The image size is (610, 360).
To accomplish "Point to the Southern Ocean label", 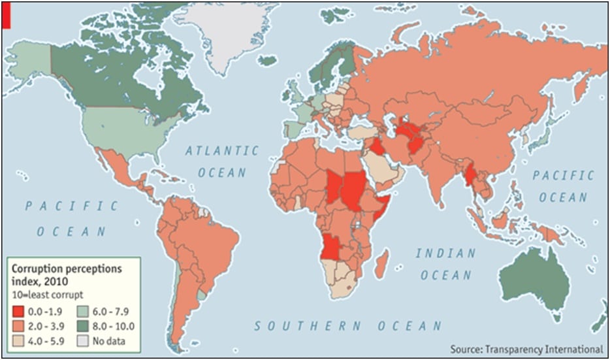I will [348, 325].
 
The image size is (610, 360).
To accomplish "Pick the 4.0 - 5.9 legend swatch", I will [20, 340].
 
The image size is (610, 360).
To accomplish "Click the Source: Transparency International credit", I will [526, 349].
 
